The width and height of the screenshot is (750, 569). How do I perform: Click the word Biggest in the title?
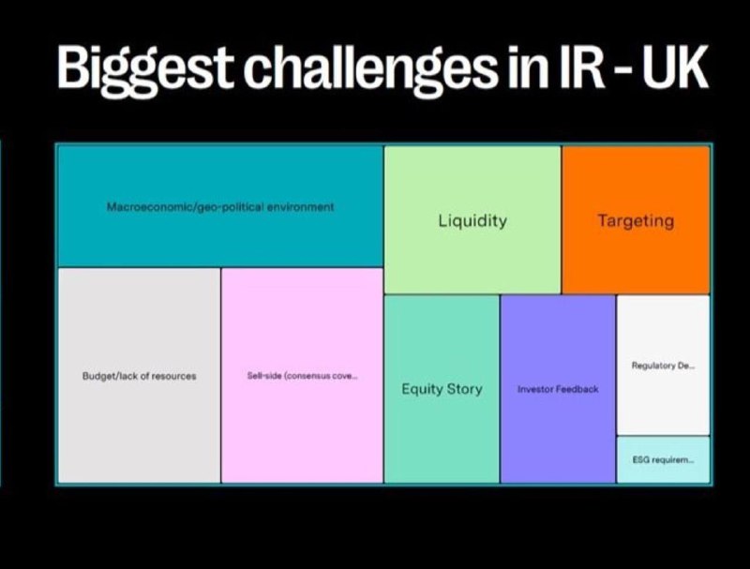point(145,70)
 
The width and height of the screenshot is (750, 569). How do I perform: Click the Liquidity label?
point(472,221)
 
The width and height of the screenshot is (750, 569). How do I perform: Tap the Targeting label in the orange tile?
point(636,221)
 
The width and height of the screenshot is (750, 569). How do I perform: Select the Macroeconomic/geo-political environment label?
point(220,207)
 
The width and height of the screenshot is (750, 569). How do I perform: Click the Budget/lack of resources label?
point(139,376)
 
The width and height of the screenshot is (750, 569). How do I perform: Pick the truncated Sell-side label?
point(302,376)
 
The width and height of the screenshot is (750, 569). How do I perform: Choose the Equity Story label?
point(442,389)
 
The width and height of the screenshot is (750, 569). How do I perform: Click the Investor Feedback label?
point(558,389)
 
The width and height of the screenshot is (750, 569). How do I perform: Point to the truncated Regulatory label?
point(664,366)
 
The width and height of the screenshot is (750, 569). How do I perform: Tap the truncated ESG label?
point(664,460)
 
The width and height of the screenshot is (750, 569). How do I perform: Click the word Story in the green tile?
point(463,389)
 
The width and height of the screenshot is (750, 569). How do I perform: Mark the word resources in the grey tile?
point(173,376)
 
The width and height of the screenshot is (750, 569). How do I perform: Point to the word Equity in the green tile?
point(421,390)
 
